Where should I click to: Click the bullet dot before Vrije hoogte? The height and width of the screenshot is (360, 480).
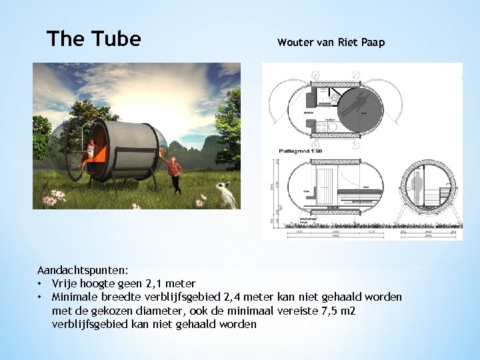(x=41, y=284)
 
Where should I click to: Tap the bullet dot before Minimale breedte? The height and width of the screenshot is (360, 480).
(x=41, y=297)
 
